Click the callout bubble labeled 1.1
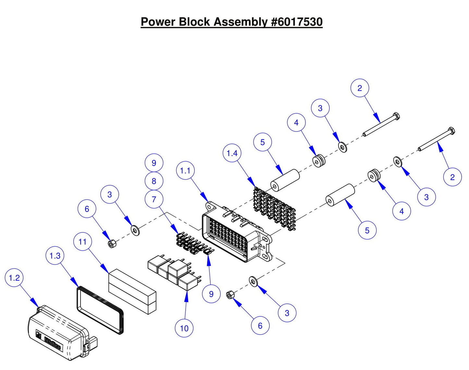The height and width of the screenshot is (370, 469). (185, 170)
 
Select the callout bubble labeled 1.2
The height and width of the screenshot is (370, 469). (14, 278)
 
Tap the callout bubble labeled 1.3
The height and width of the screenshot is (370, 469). (55, 256)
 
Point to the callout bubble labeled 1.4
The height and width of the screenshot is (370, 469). (232, 153)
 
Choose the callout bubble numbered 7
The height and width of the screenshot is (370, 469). (154, 199)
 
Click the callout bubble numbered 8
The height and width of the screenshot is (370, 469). (154, 181)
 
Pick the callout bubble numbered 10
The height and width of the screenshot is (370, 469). (184, 328)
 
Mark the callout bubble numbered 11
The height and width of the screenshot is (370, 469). (82, 242)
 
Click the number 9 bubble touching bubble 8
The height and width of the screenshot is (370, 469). (154, 163)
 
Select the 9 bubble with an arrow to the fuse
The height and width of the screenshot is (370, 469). (211, 294)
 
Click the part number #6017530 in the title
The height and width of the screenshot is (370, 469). (296, 22)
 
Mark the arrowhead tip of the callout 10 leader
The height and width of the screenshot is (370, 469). (187, 292)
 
